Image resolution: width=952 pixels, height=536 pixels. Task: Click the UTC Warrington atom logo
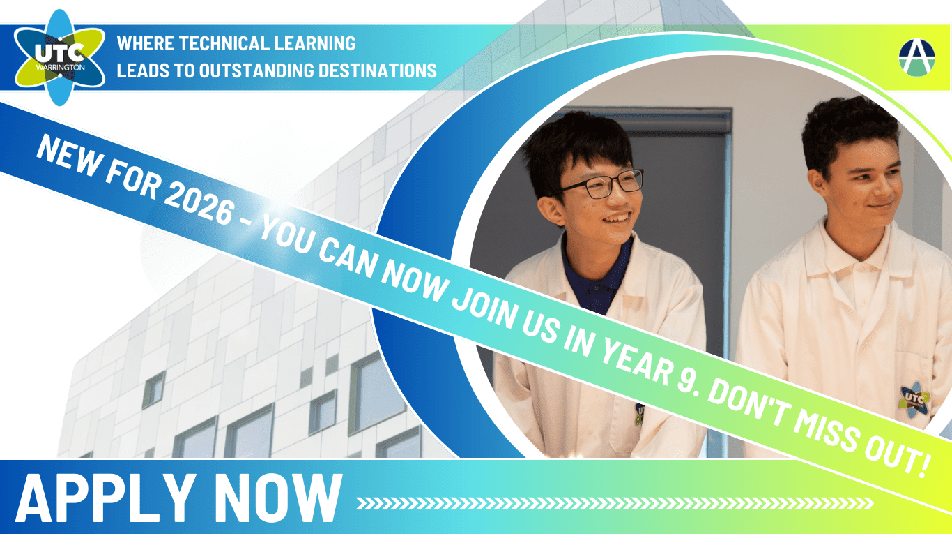coord(59,57)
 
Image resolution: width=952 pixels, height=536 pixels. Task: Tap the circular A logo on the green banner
coord(916,57)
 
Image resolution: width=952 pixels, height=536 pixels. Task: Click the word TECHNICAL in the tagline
coord(224,43)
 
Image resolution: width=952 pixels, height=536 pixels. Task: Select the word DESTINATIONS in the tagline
coord(378,70)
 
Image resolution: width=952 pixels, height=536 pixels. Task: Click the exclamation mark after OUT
coord(925,467)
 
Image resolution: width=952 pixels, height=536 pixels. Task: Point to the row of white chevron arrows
coord(615,503)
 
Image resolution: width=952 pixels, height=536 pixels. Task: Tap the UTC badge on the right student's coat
coord(914,400)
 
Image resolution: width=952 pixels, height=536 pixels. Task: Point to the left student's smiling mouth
coord(616,218)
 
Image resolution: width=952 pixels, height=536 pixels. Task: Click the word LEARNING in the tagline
coord(315,43)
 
